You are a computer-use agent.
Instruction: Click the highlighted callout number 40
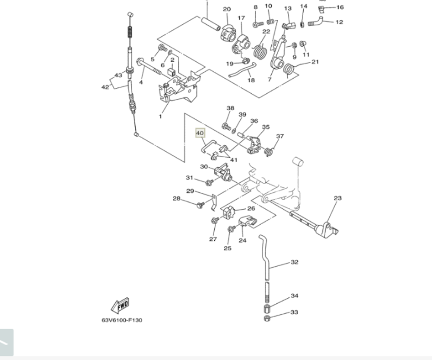[200, 133]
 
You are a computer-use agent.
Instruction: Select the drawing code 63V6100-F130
[121, 320]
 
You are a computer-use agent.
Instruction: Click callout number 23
[338, 198]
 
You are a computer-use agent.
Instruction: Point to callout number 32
[294, 262]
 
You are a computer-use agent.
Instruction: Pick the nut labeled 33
[267, 319]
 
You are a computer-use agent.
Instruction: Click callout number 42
[105, 87]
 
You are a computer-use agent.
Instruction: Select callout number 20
[227, 9]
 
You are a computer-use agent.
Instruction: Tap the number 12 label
[339, 22]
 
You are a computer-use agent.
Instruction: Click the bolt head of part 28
[200, 204]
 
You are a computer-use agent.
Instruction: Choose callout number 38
[230, 108]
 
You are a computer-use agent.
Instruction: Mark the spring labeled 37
[269, 151]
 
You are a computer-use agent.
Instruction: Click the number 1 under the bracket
[160, 117]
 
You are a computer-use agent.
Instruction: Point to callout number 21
[315, 62]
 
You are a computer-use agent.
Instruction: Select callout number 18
[251, 80]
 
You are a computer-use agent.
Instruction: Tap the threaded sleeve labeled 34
[267, 309]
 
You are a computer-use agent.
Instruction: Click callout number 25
[228, 248]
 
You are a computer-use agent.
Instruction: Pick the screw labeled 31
[210, 182]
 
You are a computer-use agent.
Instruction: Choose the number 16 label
[340, 7]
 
